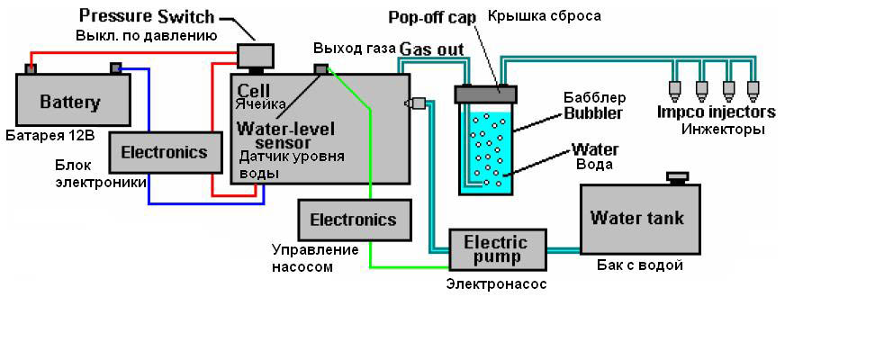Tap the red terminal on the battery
click(31, 67)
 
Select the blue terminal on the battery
click(115, 67)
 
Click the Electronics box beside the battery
click(163, 151)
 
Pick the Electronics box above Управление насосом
click(352, 220)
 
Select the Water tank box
click(636, 218)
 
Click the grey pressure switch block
click(256, 54)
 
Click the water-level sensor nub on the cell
click(320, 69)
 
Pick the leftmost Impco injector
click(672, 91)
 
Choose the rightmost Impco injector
click(754, 91)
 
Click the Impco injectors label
click(716, 112)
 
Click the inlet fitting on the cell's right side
click(415, 103)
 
